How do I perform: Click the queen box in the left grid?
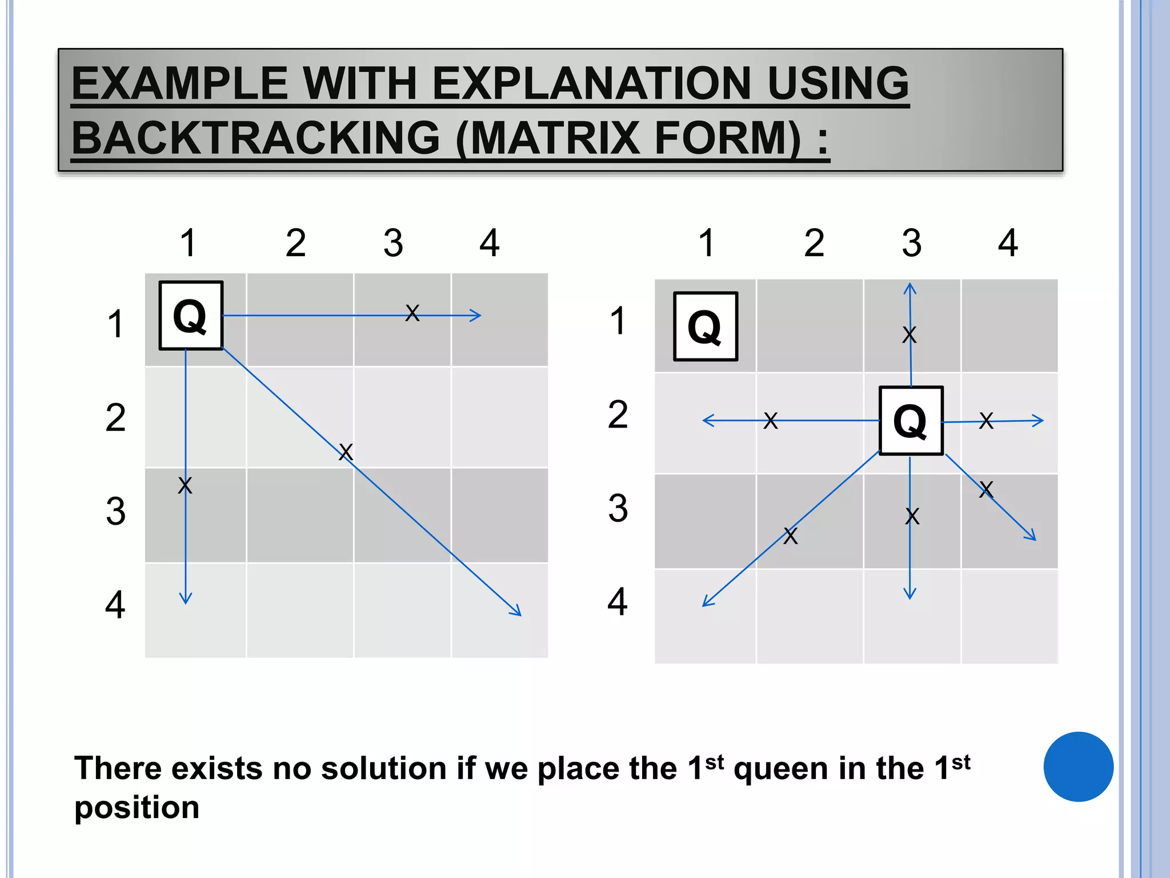(x=191, y=316)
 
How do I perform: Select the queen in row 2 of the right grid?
(x=911, y=421)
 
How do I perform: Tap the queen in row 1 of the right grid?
(x=706, y=326)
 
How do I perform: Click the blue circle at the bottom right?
(x=1078, y=767)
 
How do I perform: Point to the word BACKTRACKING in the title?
(x=255, y=138)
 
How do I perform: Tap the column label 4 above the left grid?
(x=490, y=243)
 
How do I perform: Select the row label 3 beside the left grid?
(x=115, y=511)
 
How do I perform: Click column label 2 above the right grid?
(x=814, y=243)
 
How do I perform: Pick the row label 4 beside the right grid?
(x=618, y=602)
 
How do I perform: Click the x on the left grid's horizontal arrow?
(x=412, y=313)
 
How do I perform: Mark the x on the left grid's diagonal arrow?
(x=346, y=452)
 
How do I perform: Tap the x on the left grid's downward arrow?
(x=185, y=485)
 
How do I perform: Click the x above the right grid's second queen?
(x=909, y=334)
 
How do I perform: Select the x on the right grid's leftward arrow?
(x=771, y=420)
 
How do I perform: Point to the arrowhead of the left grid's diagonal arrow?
(x=518, y=612)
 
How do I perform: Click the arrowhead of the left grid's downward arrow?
(x=186, y=600)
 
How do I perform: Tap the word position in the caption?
(x=137, y=808)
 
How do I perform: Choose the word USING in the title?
(x=838, y=83)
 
